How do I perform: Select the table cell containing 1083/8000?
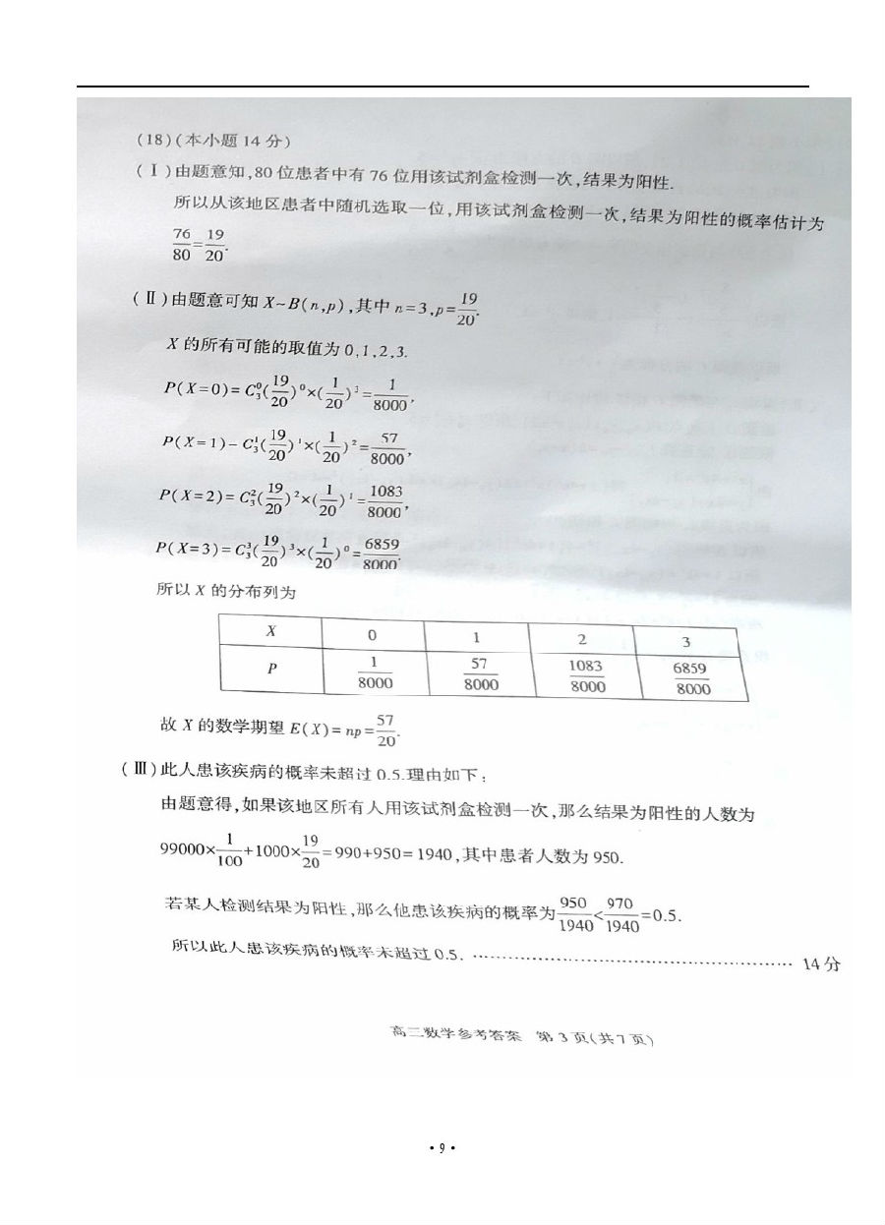coord(584,676)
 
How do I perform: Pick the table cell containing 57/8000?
coord(479,674)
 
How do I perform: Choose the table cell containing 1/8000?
coord(374,672)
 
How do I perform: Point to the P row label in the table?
coord(271,669)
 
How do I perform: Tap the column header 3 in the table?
coord(685,642)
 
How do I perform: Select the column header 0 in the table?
coord(372,635)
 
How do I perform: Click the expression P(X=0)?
coord(196,388)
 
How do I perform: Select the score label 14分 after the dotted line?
coord(821,963)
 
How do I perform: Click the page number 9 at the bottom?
coord(442,1147)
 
